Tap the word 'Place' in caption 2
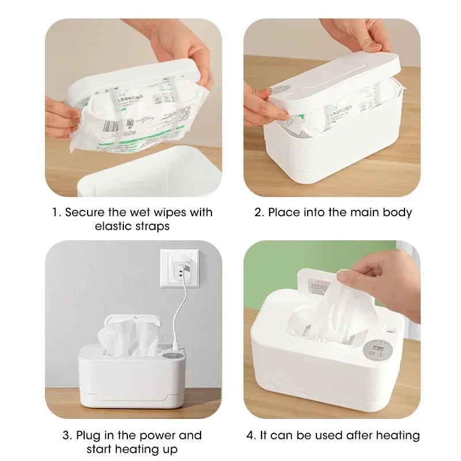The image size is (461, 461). pos(284,212)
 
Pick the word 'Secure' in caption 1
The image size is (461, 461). pos(84,212)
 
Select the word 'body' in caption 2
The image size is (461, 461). pos(398,212)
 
